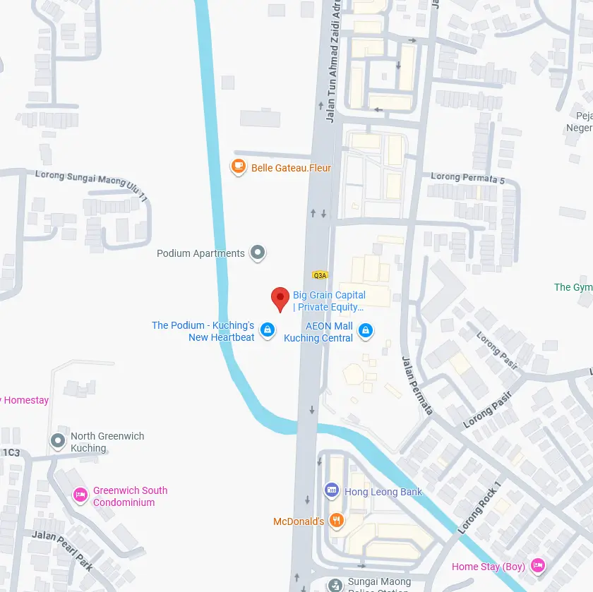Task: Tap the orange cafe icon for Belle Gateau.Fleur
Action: (238, 167)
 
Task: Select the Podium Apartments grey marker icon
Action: (258, 253)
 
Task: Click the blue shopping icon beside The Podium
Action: (267, 330)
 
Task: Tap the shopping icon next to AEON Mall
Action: (365, 330)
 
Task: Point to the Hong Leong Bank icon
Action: (331, 490)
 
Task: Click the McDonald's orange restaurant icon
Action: (337, 521)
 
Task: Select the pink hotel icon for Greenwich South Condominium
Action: (80, 495)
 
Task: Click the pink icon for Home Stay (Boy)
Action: (538, 565)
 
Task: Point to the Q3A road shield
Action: (319, 275)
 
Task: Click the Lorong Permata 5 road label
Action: (468, 179)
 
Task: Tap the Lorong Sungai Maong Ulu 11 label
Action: (91, 185)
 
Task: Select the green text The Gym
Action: (573, 287)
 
